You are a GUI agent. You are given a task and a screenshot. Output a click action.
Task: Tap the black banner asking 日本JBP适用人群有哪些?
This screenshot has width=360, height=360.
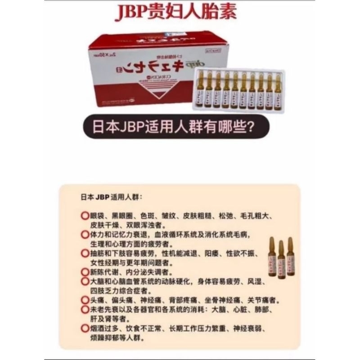[179, 126]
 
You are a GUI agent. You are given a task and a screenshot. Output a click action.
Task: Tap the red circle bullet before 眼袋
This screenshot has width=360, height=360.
[85, 216]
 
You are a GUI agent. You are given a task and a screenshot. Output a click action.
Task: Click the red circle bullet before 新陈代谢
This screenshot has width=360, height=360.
[85, 272]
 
